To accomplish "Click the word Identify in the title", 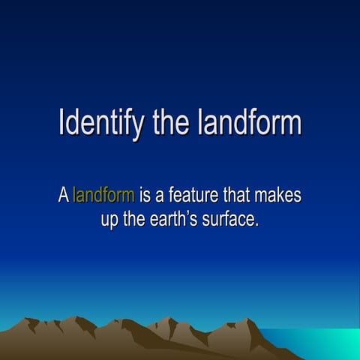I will [x=102, y=123].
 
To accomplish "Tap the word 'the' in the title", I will [x=172, y=123].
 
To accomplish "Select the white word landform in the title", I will [x=250, y=123].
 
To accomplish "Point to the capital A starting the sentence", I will [x=64, y=196].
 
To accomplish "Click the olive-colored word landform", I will [x=103, y=196].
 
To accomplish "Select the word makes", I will [x=278, y=196].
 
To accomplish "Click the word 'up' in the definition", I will [x=109, y=221].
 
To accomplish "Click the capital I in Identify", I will [x=61, y=123].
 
